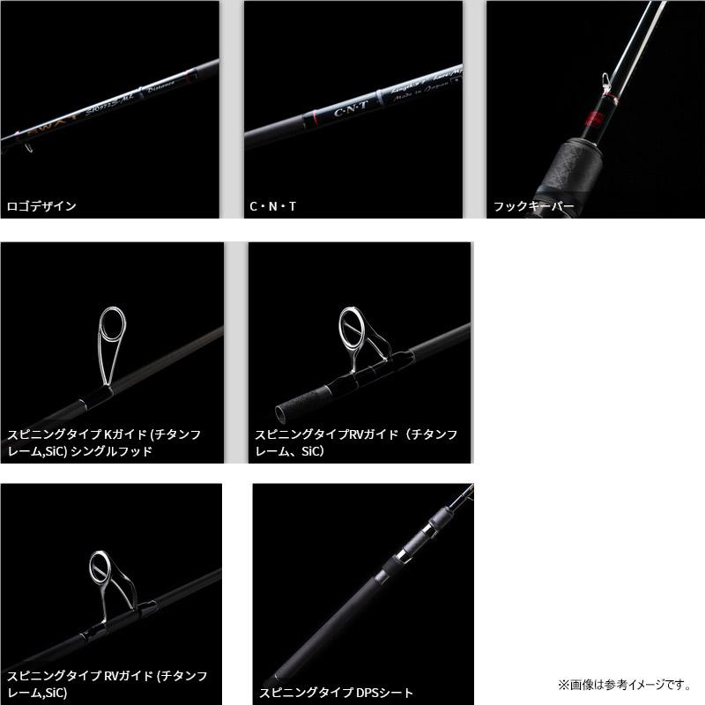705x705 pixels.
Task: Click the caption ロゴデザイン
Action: (42, 206)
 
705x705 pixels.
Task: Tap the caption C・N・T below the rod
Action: (272, 206)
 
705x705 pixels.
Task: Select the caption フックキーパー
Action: (533, 206)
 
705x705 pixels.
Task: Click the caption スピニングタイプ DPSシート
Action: (336, 693)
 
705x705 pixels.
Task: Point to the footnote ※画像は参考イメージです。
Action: (627, 684)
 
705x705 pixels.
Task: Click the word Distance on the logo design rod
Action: (162, 83)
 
